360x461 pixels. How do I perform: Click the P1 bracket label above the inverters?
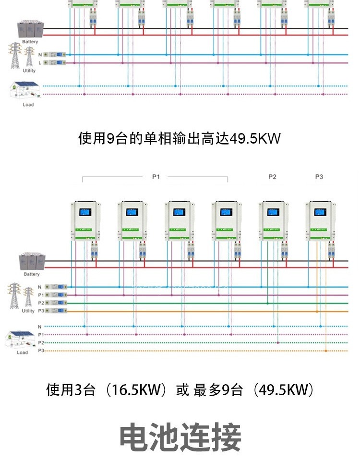pos(156,177)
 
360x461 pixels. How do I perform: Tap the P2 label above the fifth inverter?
pos(272,177)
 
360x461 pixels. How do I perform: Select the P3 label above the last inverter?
pos(319,177)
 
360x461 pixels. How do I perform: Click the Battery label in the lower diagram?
pos(32,274)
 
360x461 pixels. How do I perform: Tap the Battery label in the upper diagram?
pos(30,42)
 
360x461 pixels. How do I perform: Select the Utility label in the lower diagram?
pos(28,311)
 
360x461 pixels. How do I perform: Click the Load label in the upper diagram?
pos(28,104)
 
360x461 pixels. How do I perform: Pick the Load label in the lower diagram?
pos(23,352)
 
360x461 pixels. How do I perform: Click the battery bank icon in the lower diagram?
pos(29,262)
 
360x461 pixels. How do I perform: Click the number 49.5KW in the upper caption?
pos(255,139)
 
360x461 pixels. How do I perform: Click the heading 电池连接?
pos(180,437)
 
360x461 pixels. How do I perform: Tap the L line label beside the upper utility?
pos(40,63)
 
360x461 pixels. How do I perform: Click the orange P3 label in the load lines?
pos(41,351)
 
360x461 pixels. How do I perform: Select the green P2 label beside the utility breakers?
pos(41,303)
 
